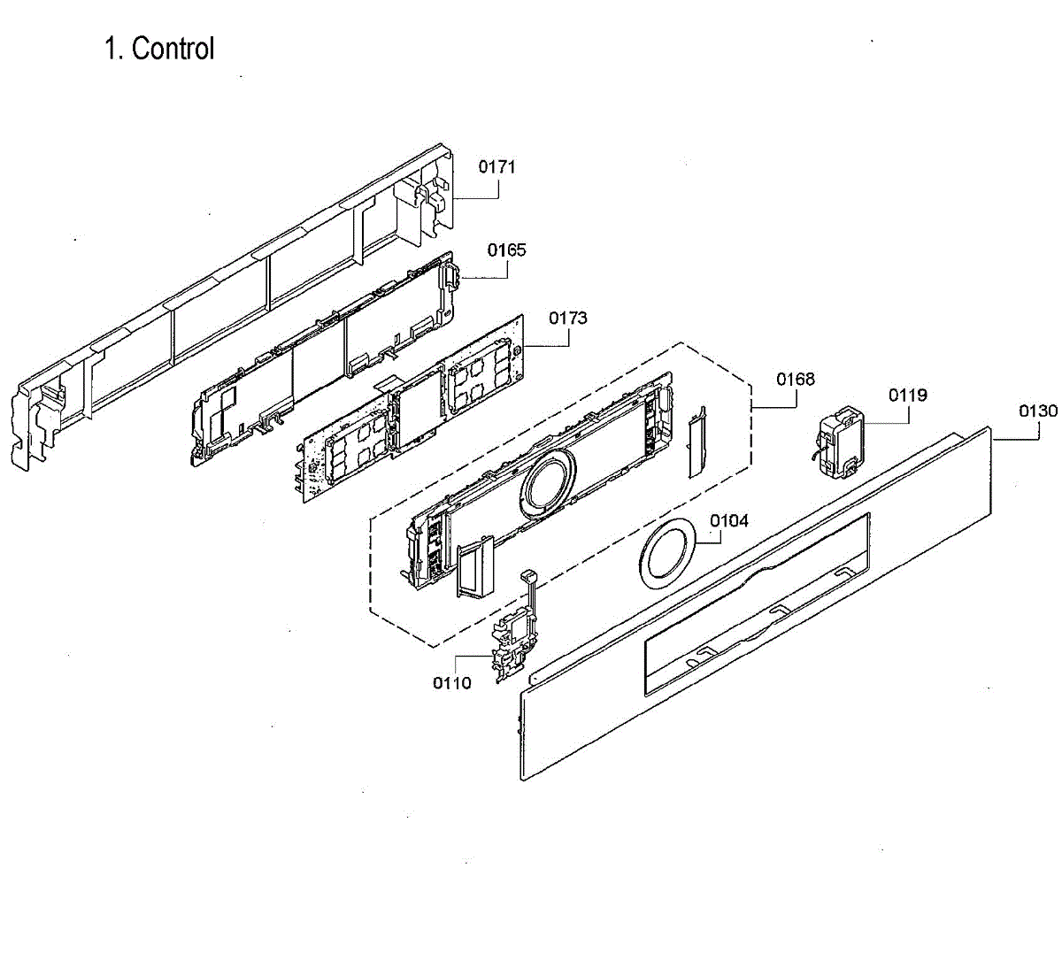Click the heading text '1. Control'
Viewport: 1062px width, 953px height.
(159, 49)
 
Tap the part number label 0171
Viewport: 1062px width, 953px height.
(497, 166)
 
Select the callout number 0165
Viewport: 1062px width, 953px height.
(506, 250)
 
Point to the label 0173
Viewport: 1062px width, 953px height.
(567, 318)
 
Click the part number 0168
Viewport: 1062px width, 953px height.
(796, 380)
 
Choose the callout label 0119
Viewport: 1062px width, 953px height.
(908, 396)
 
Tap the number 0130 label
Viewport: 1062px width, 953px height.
(1037, 411)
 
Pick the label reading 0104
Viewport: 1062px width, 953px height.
(729, 520)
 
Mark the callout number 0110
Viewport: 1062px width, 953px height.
(451, 682)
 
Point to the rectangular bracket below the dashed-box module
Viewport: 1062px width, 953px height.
(476, 571)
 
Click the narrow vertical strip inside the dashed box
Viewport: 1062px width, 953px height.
(696, 442)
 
